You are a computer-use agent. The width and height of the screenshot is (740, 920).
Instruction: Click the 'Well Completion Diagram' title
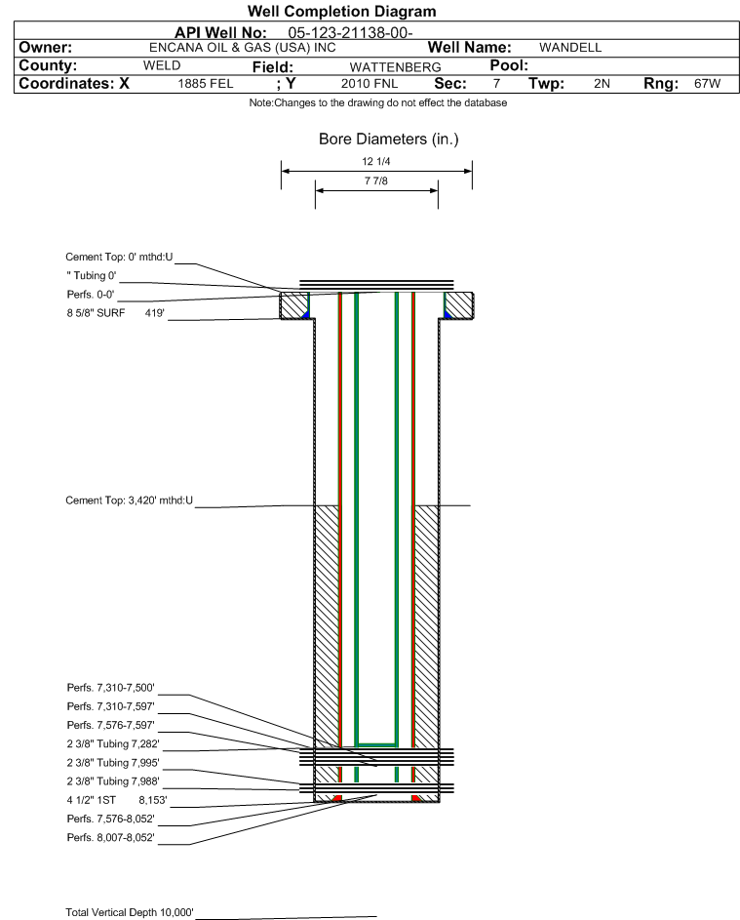pos(342,11)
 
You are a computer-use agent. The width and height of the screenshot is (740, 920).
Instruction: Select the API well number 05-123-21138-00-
pos(350,33)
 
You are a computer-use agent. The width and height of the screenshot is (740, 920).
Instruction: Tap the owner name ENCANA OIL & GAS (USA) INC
pos(243,48)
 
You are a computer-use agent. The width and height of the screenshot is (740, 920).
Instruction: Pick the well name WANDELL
pos(570,48)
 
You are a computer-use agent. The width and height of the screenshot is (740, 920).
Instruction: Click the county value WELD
pos(162,65)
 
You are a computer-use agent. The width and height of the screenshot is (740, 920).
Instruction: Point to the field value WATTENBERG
pos(395,67)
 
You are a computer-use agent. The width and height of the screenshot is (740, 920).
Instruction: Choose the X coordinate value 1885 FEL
pos(205,83)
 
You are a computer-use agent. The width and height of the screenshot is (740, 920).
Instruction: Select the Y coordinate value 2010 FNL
pos(370,83)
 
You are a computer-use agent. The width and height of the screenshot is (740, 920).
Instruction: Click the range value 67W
pos(707,83)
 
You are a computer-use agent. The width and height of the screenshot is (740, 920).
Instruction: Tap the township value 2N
pos(602,83)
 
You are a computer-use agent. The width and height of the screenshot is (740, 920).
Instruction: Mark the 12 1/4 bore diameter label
pos(376,161)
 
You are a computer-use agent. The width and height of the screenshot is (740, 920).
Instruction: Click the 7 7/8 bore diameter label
pos(376,180)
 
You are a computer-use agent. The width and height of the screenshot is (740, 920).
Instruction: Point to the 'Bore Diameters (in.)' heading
pos(389,140)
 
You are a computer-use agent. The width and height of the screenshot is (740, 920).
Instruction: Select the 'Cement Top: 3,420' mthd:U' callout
pos(129,500)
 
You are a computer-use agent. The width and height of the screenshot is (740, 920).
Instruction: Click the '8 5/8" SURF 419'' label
pos(115,313)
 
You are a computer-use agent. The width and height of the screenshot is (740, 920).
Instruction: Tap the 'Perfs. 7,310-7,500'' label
pos(110,687)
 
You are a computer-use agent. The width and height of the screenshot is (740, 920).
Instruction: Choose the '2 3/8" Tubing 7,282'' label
pos(112,743)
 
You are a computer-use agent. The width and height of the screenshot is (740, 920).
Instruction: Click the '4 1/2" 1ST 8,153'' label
pos(117,800)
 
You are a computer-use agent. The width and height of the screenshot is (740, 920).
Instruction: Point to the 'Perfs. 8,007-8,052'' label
pos(110,837)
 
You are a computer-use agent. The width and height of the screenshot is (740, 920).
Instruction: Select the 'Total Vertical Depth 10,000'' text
pos(129,912)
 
